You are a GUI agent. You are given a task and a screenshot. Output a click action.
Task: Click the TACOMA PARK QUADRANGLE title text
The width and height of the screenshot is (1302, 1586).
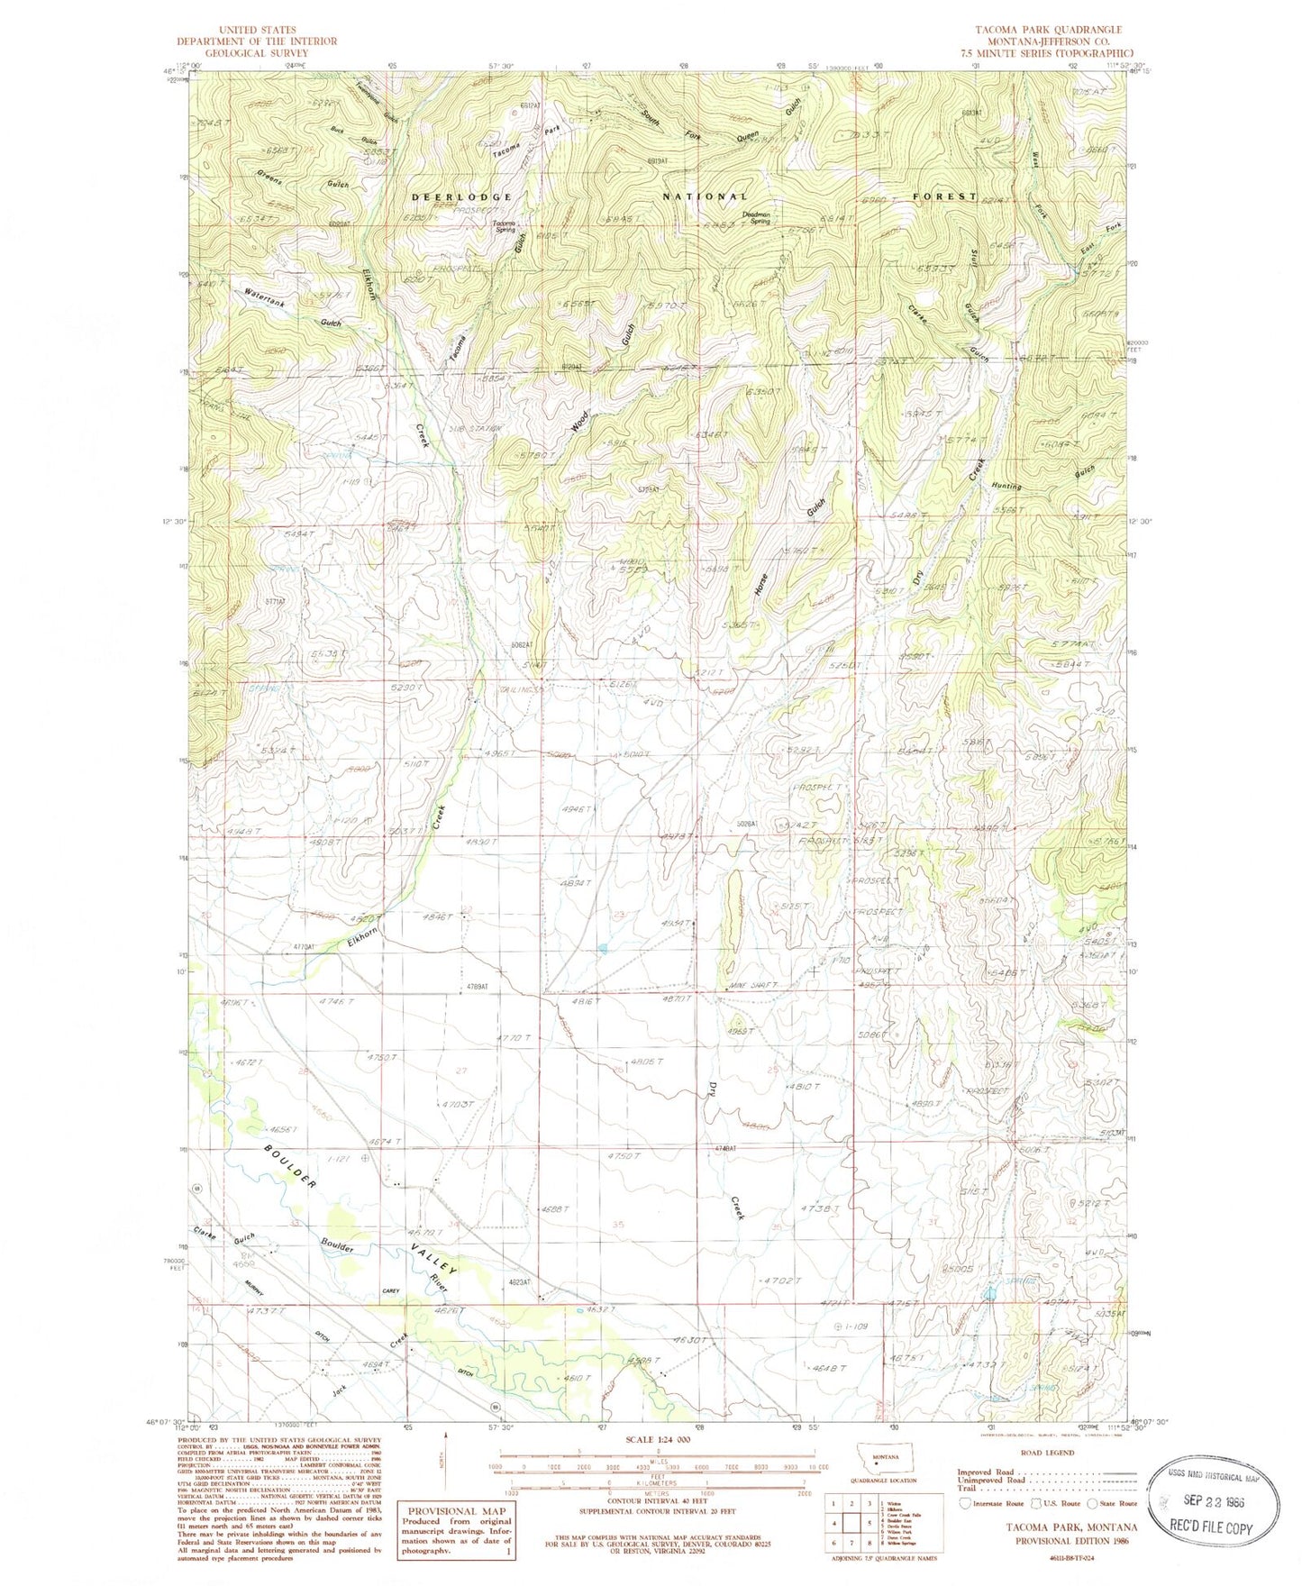pyautogui.click(x=1047, y=30)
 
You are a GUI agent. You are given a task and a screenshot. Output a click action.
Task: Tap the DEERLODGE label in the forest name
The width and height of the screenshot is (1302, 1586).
pyautogui.click(x=461, y=196)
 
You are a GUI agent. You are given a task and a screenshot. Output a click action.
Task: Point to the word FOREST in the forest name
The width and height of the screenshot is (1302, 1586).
pyautogui.click(x=944, y=196)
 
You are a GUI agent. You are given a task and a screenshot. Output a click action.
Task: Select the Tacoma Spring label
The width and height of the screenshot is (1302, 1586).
pyautogui.click(x=503, y=226)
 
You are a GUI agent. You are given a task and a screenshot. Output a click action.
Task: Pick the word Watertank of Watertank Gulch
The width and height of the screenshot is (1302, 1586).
pyautogui.click(x=265, y=298)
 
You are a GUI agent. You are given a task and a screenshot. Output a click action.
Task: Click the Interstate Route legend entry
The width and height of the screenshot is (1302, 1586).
pyautogui.click(x=989, y=1503)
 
